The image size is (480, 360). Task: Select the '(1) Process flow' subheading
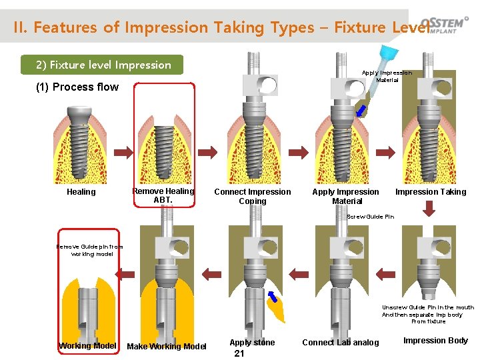[x=77, y=87]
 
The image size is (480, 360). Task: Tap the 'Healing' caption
[x=81, y=192]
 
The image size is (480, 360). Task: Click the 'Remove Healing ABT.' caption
[x=163, y=195]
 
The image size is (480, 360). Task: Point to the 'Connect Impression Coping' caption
[x=252, y=196]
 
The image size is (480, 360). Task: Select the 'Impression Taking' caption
[x=431, y=192]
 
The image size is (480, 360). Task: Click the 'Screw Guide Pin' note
[x=371, y=217]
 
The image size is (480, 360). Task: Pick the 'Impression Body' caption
[x=435, y=341]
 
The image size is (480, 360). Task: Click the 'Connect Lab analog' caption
[x=340, y=343]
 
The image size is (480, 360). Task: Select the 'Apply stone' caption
[x=252, y=343]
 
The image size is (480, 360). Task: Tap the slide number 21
[x=239, y=353]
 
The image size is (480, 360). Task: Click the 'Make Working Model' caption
[x=167, y=346]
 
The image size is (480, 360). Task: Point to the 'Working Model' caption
[x=87, y=345]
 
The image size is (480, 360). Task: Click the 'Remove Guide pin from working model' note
[x=89, y=250]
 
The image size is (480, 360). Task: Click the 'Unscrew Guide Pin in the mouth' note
[x=428, y=314]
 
